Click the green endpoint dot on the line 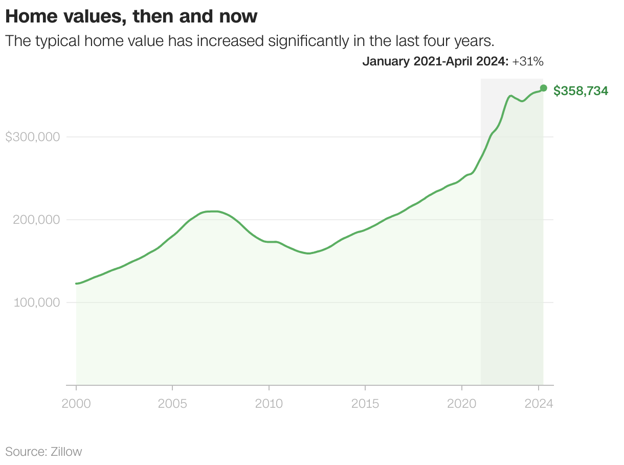(543, 88)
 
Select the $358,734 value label (581, 91)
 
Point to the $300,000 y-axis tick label (32, 137)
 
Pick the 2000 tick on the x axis (76, 403)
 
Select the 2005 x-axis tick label (172, 403)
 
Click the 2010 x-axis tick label (269, 403)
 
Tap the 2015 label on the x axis (365, 403)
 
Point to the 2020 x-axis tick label (461, 403)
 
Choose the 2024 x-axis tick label (539, 403)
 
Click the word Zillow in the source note (66, 452)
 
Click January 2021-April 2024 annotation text (435, 62)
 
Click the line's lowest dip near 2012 (308, 253)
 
